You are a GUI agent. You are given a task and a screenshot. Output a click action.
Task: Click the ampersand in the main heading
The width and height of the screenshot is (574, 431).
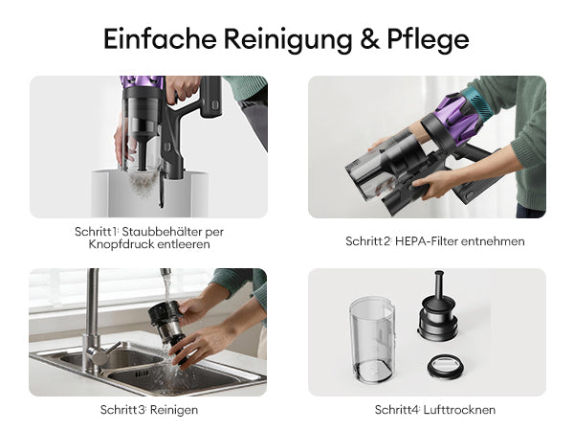click(369, 38)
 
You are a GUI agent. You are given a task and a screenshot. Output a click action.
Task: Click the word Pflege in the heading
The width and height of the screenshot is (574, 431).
click(428, 40)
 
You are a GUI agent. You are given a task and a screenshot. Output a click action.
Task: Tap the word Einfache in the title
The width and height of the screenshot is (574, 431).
click(160, 38)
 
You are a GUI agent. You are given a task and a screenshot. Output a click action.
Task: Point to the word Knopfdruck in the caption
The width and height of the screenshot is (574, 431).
click(121, 244)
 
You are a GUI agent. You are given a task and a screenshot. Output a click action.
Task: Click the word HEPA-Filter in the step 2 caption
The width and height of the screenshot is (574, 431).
click(426, 241)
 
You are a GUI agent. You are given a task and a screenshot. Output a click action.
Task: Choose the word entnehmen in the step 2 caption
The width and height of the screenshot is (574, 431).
click(493, 241)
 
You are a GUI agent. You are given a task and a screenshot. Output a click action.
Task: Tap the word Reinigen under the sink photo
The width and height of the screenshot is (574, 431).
click(174, 410)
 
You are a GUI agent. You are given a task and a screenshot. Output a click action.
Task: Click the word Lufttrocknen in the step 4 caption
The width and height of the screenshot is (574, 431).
click(459, 410)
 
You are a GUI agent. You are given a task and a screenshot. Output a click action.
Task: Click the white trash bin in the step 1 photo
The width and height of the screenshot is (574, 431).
click(149, 193)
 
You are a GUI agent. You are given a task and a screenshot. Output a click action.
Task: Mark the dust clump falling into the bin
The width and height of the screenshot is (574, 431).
click(143, 184)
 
